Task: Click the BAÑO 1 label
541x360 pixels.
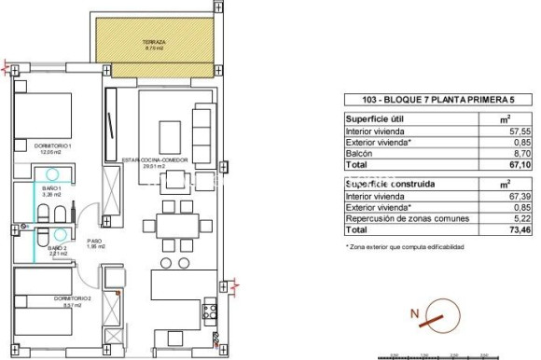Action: (52, 190)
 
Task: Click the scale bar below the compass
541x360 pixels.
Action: (438, 353)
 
